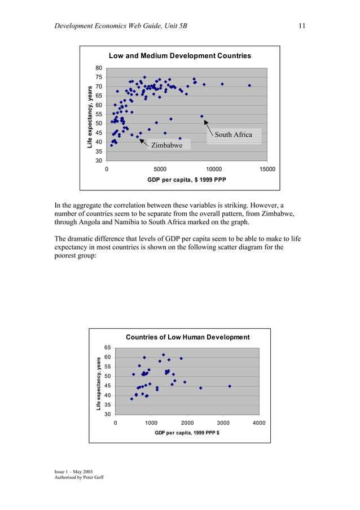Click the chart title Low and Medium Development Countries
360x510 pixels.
[x=179, y=56]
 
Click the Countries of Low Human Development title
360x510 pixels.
[x=187, y=337]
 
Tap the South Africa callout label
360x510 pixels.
[x=233, y=135]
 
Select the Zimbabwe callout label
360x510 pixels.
[x=166, y=146]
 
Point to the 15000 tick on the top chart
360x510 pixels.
[x=267, y=168]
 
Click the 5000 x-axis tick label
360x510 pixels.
[x=160, y=168]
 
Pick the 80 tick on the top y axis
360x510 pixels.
[x=98, y=68]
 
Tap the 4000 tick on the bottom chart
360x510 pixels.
[x=259, y=422]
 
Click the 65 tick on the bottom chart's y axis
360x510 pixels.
[x=107, y=348]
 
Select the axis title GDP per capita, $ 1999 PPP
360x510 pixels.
[x=186, y=180]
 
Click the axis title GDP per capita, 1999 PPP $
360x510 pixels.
[x=187, y=433]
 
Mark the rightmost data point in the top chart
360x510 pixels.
[x=249, y=85]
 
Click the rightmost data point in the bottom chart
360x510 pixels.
[x=230, y=386]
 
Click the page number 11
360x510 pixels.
[x=302, y=25]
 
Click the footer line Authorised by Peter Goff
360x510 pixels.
[x=79, y=477]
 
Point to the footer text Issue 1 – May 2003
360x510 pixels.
[x=73, y=471]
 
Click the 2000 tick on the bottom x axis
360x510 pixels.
[x=187, y=422]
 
